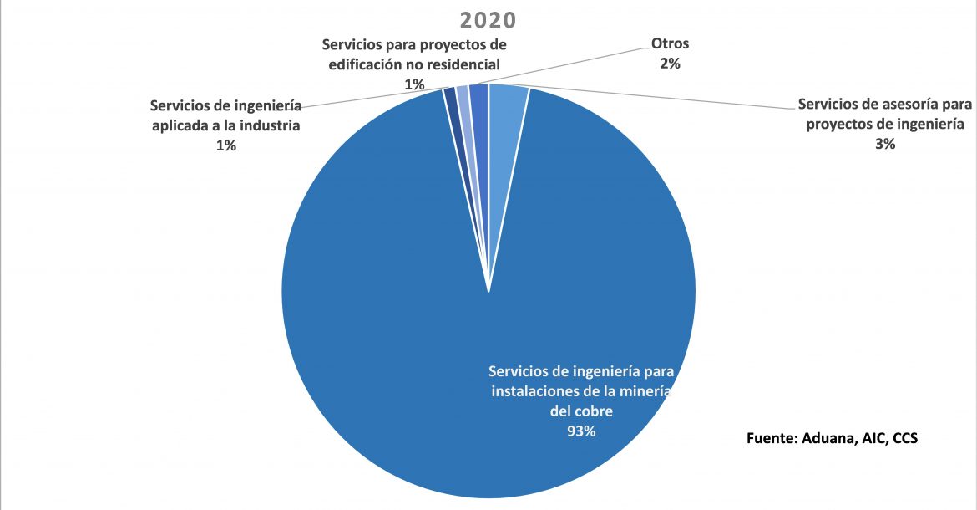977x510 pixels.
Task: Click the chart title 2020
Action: (x=488, y=19)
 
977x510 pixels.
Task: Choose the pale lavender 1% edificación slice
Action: (x=463, y=96)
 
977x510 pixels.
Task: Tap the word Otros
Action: (x=670, y=43)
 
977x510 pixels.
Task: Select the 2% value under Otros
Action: (x=670, y=63)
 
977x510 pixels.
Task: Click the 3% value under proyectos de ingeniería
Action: (x=885, y=144)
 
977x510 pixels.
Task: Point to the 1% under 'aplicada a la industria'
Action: (x=226, y=145)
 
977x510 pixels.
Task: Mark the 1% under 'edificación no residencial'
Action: (x=414, y=84)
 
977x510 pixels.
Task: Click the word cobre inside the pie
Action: (x=593, y=411)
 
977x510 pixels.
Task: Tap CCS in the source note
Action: (x=905, y=437)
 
